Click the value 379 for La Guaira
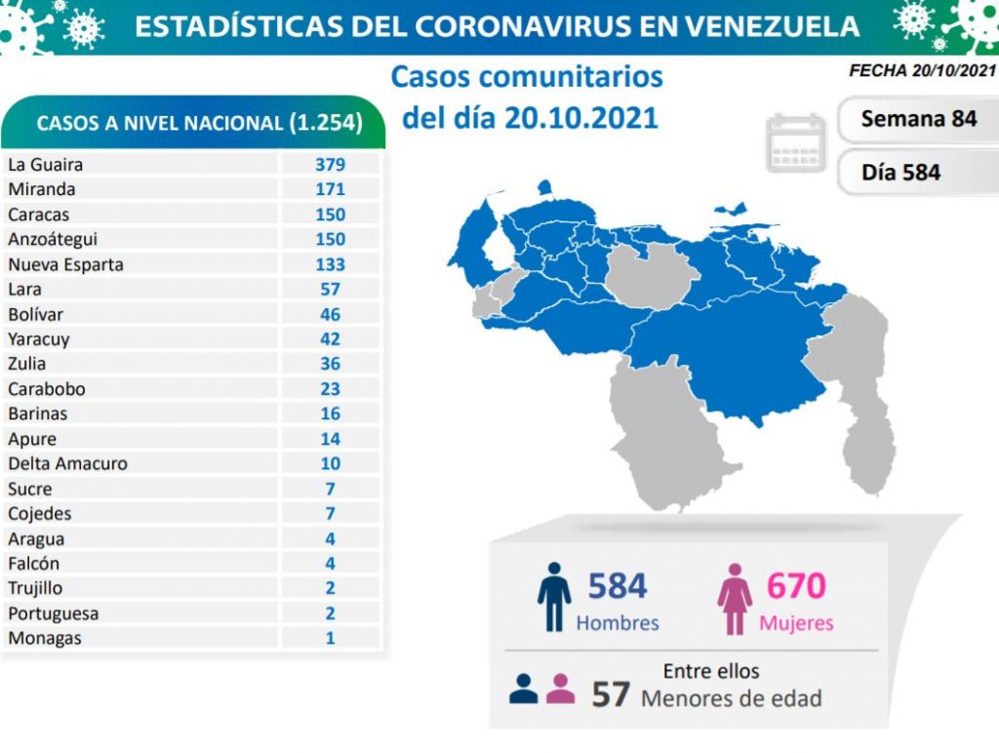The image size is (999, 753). coord(330,164)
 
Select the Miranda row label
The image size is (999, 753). coord(41,189)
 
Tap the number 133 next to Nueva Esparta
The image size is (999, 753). coord(330,264)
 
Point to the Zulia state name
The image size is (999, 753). coord(27,364)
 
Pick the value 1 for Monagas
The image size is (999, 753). coord(330,638)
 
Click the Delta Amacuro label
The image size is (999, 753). coord(67,463)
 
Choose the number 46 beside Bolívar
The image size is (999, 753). coord(330,314)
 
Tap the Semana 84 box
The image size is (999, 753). coord(918,119)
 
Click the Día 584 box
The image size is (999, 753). coord(900,173)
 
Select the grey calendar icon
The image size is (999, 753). coord(796,142)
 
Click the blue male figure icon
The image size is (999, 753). coord(553,596)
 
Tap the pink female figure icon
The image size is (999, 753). coord(735,597)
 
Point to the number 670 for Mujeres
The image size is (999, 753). coord(796,585)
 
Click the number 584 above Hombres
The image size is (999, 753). coord(618,585)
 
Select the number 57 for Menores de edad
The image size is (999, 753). coord(611,694)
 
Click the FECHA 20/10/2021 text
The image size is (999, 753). coord(922,70)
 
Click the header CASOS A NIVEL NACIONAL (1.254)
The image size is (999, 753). coord(199,123)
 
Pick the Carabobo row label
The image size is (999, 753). coord(46,388)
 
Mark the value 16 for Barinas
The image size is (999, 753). coord(330,414)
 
